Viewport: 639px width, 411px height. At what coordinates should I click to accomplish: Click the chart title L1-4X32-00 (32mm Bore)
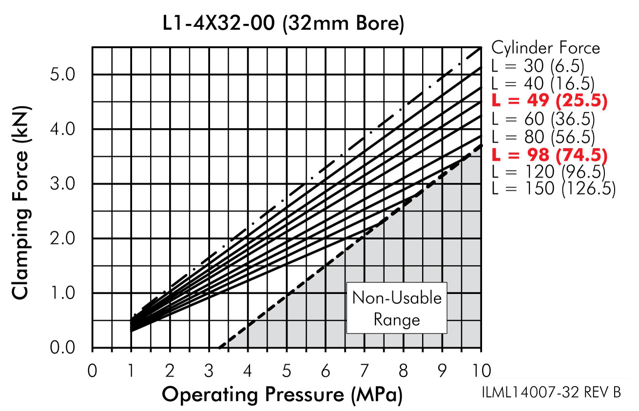coord(284,24)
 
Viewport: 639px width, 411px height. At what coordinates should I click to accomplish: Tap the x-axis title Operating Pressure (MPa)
coord(283,395)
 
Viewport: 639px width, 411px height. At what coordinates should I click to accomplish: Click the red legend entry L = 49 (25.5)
coord(549,101)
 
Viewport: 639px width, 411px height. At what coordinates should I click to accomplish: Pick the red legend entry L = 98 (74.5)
coord(549,156)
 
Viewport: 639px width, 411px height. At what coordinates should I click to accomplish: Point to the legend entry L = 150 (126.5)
coord(553,189)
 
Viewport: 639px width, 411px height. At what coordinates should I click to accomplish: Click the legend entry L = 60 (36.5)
coord(543,119)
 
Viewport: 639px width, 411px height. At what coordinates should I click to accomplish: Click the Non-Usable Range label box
coord(396,309)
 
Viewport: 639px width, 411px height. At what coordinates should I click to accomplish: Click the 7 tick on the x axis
coord(364,371)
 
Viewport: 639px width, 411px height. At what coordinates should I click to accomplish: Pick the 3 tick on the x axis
coord(209,371)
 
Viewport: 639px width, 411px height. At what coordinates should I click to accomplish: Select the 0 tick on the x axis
coord(92,371)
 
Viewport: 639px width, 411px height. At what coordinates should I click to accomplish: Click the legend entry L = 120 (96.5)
coord(549,172)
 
